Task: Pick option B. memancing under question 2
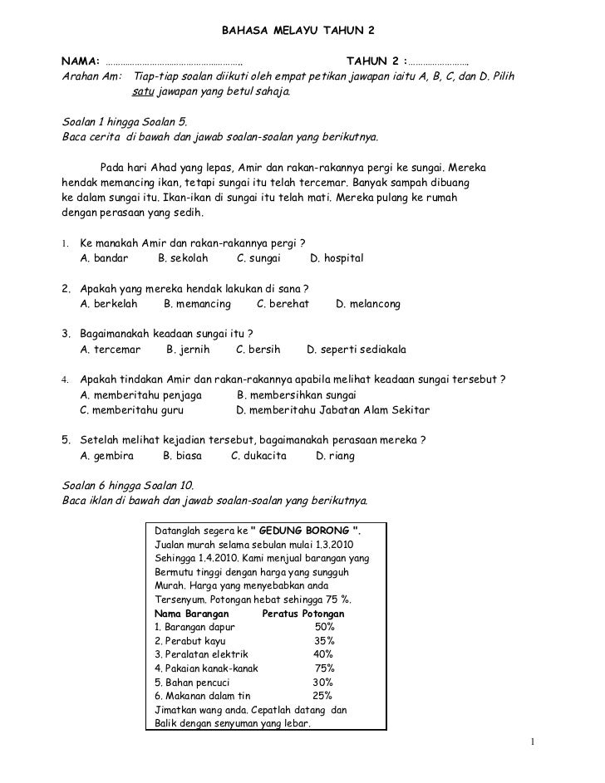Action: pos(197,304)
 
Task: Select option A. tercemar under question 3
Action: pos(111,350)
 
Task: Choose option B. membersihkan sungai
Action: pos(297,394)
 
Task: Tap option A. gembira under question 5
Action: pos(107,455)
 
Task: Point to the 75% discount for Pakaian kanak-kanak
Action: pos(325,668)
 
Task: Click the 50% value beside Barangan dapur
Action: pos(325,627)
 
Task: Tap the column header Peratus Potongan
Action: pos(302,614)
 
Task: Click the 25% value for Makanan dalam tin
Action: pos(322,695)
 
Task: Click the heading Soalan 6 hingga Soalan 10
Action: pos(128,485)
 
